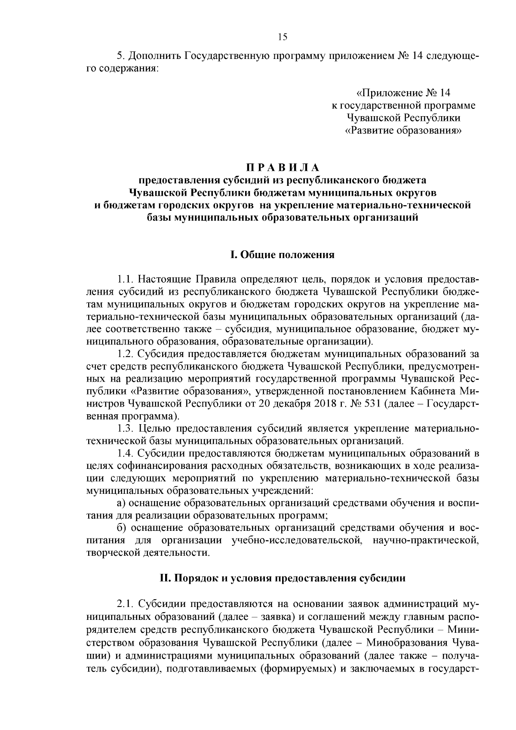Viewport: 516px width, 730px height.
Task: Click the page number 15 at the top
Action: pyautogui.click(x=283, y=37)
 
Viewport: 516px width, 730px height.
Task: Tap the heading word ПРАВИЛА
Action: pyautogui.click(x=283, y=167)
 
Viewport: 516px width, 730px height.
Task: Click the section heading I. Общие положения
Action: pyautogui.click(x=283, y=255)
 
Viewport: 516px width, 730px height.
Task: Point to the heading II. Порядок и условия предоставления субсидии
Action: pyautogui.click(x=283, y=578)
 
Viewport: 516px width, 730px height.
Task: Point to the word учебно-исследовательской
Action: pyautogui.click(x=295, y=540)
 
